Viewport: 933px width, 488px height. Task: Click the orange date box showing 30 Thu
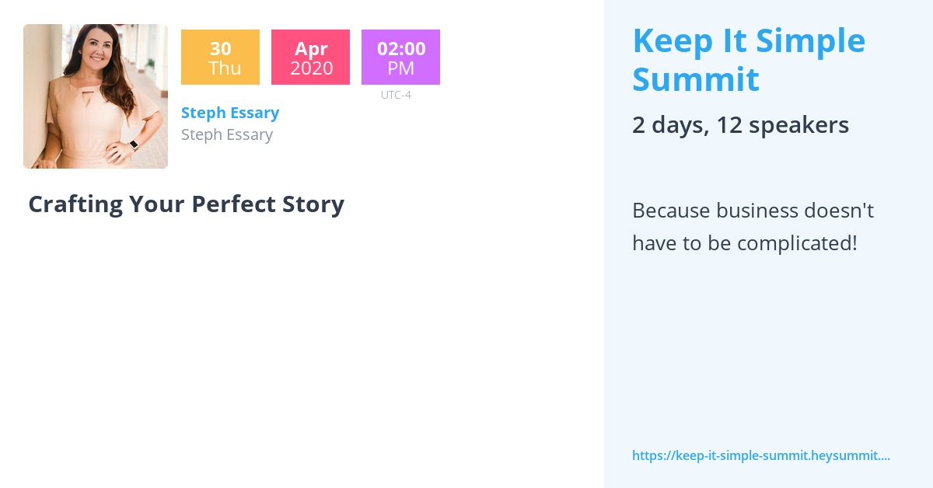click(220, 58)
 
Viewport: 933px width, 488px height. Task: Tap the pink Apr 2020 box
click(310, 58)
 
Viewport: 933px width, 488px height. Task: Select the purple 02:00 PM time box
click(400, 58)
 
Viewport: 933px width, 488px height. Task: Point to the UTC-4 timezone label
click(396, 95)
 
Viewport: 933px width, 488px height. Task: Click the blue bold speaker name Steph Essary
click(230, 113)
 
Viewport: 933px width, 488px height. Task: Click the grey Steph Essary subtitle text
click(227, 134)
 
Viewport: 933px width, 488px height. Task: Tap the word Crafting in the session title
click(75, 204)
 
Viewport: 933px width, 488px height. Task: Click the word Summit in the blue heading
click(695, 79)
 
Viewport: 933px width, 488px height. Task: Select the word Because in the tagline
click(672, 211)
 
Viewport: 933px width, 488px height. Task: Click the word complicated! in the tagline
click(797, 243)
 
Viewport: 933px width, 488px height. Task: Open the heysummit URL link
click(760, 455)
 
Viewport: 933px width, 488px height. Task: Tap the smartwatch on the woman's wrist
click(133, 145)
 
